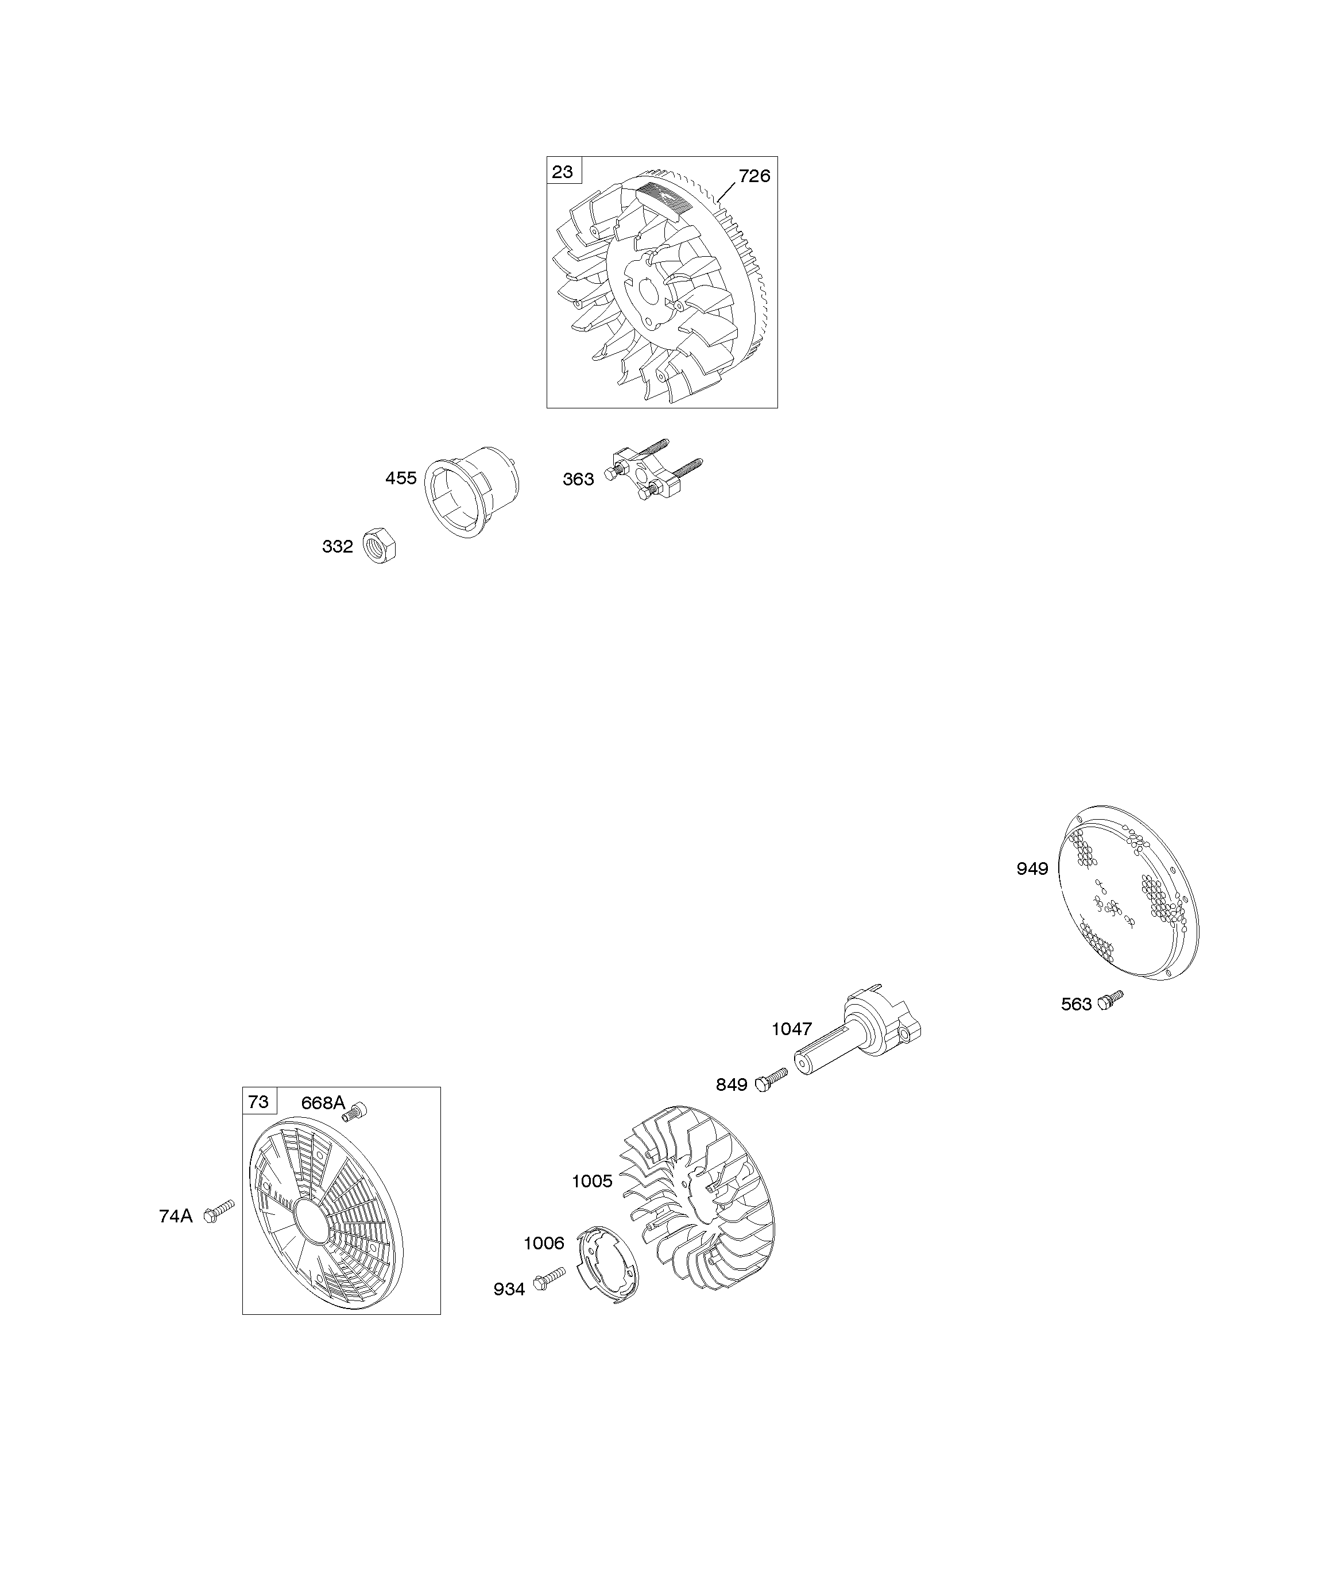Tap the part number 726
[x=754, y=176]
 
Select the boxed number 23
[x=562, y=172]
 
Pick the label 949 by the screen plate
[x=1032, y=869]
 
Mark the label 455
[x=401, y=478]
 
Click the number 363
[x=578, y=479]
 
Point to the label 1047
[x=792, y=1029]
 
